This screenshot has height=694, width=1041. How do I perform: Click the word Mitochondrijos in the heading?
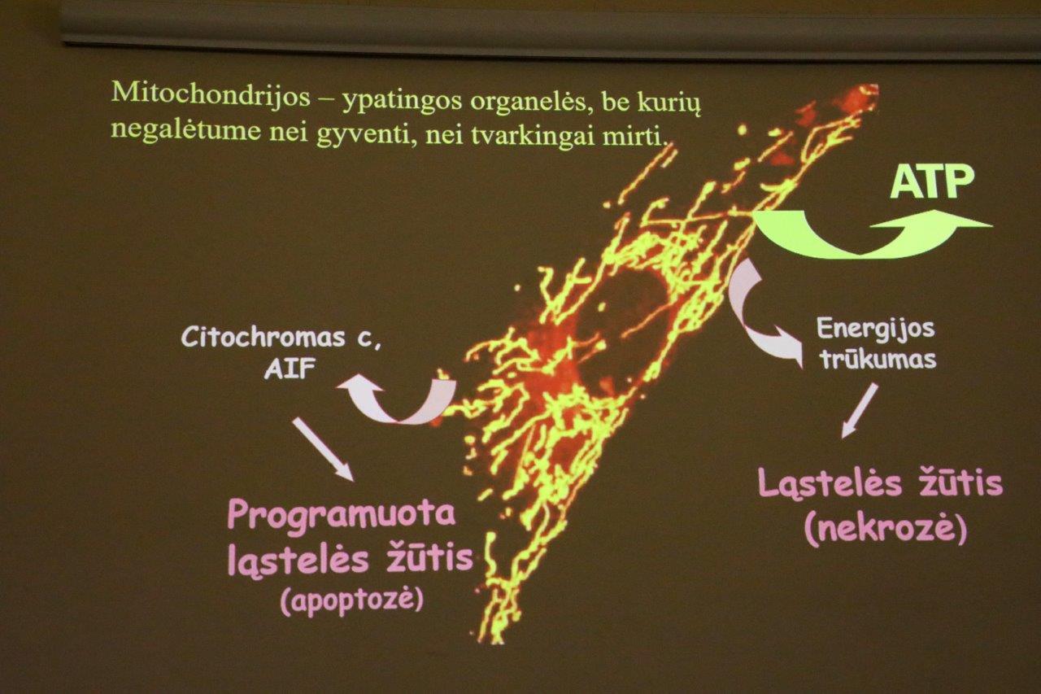211,95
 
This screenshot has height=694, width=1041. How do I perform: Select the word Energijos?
876,330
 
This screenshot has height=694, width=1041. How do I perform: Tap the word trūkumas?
878,360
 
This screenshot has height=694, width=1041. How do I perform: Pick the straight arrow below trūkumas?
860,410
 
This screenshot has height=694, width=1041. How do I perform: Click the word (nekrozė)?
886,530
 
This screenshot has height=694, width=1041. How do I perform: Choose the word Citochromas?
263,336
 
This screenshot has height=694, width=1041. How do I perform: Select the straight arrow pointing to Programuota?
324,448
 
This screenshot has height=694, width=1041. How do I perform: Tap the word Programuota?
342,516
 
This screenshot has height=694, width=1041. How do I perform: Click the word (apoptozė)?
352,600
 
